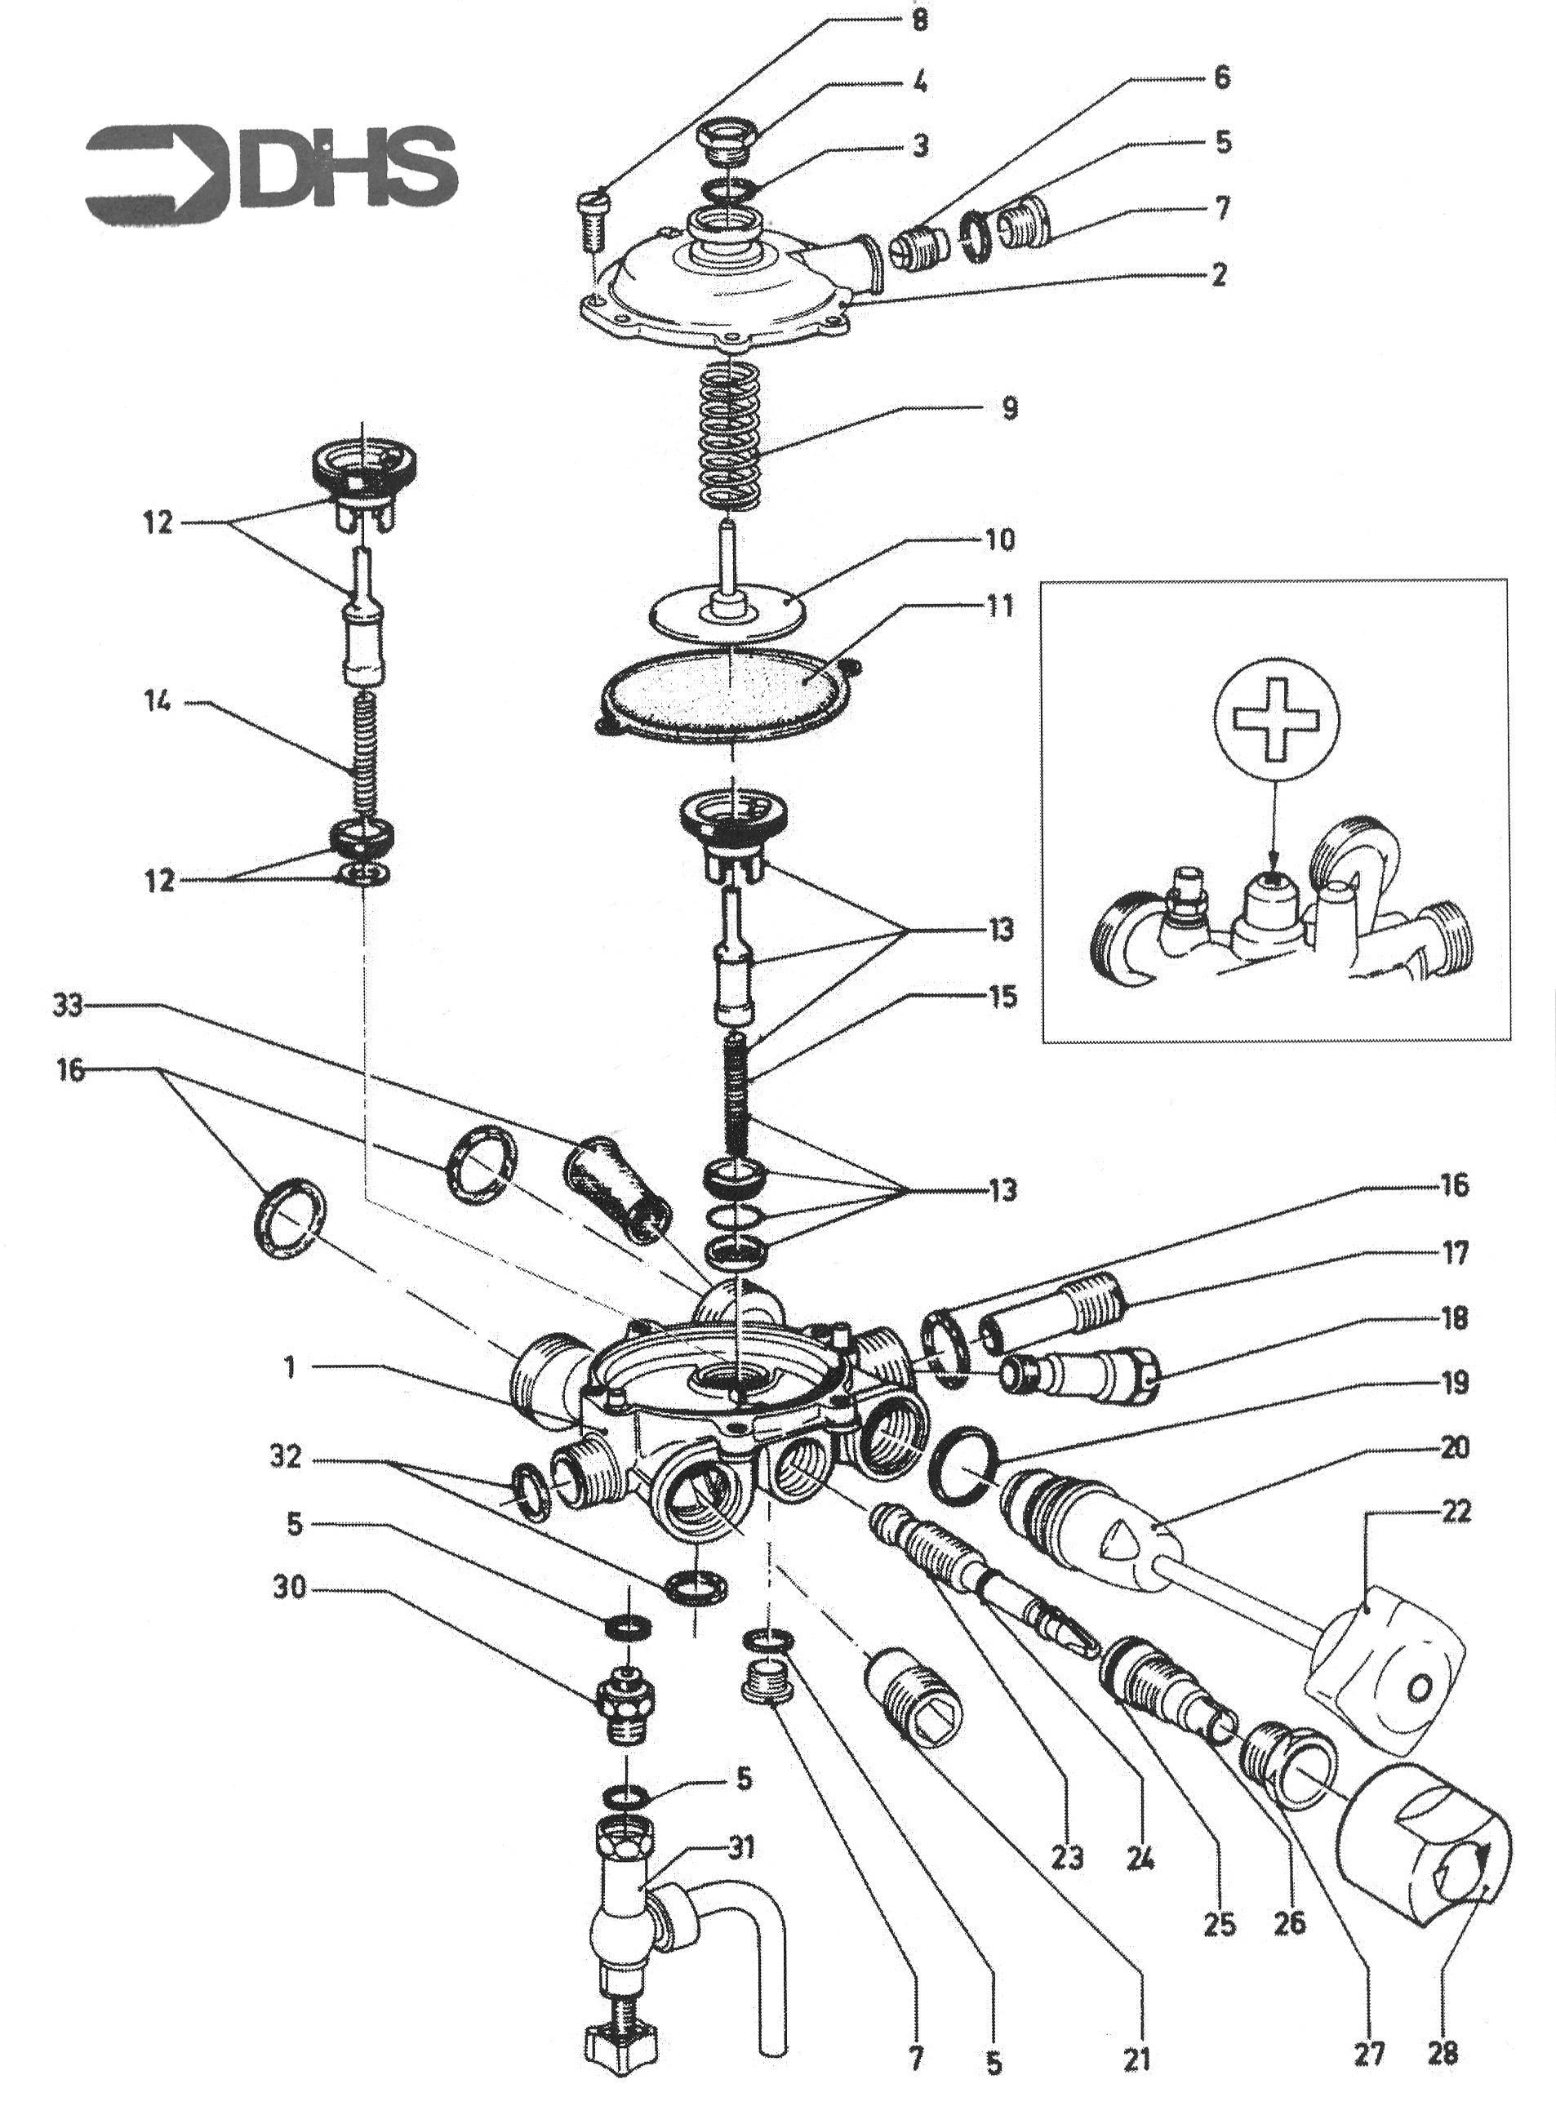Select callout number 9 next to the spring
[1008, 408]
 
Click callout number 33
[67, 1006]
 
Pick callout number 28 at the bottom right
[1442, 2051]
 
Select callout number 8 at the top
[920, 20]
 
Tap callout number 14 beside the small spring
[158, 703]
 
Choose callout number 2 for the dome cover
[1219, 274]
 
